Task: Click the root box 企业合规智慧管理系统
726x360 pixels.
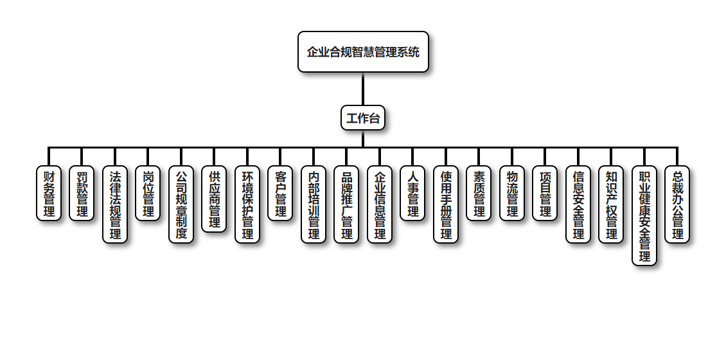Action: (x=363, y=51)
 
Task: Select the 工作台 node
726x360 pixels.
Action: (x=363, y=118)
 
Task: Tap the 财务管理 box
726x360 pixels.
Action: (x=49, y=194)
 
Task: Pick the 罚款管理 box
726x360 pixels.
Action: (x=82, y=194)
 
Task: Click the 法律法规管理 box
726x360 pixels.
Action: (x=115, y=204)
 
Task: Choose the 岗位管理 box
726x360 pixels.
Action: (x=148, y=194)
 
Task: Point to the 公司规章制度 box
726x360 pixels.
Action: (x=181, y=204)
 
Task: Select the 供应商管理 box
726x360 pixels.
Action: (x=214, y=199)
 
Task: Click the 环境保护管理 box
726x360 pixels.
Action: (x=247, y=204)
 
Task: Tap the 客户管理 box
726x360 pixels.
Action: (x=280, y=194)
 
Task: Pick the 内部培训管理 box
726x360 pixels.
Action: (x=314, y=204)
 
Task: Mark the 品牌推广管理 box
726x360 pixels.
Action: (x=346, y=204)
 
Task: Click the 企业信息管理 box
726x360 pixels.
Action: (x=380, y=204)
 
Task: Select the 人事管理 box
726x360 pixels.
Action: (x=412, y=194)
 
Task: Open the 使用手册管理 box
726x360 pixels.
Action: (x=446, y=204)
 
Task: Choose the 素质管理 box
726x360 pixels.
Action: (x=479, y=194)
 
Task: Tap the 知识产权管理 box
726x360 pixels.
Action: (x=611, y=204)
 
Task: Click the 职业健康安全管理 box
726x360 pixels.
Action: (x=644, y=215)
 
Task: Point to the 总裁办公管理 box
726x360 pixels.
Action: (x=677, y=204)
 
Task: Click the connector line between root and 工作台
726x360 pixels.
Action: (x=363, y=89)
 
